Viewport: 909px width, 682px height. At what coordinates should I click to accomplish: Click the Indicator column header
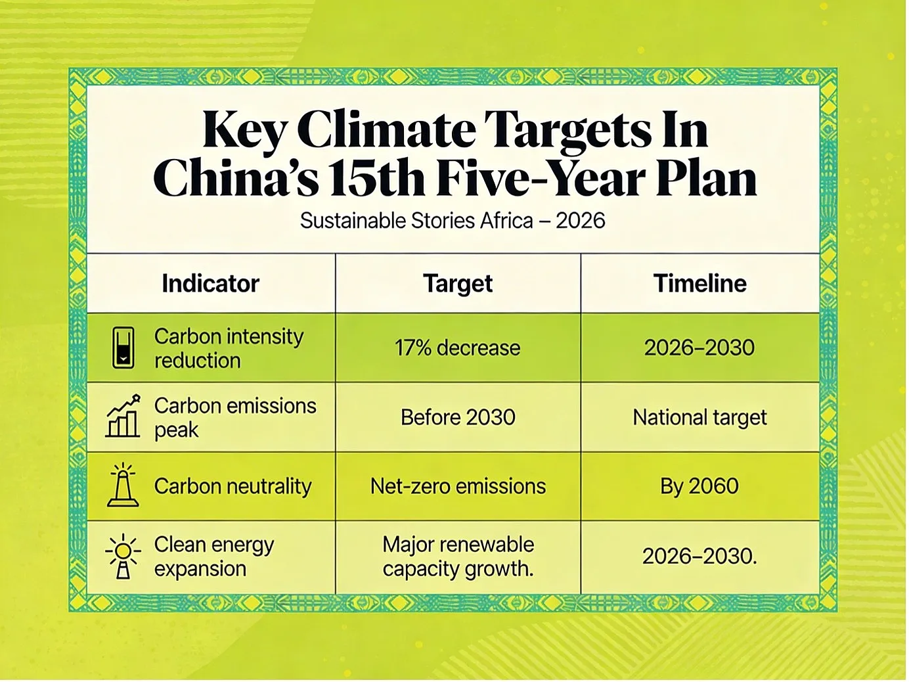point(210,284)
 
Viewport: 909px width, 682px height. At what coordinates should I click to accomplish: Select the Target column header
point(458,284)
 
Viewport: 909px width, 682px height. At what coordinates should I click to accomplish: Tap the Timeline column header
point(700,284)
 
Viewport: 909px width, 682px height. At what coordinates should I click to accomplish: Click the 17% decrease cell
point(457,348)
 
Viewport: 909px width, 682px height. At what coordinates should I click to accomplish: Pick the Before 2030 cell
point(458,417)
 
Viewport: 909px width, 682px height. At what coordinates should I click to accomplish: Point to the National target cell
point(699,418)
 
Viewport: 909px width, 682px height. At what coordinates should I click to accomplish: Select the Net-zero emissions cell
point(458,486)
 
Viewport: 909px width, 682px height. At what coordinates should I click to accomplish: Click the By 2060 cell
point(699,487)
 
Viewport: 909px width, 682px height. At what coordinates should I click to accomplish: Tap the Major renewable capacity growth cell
point(458,557)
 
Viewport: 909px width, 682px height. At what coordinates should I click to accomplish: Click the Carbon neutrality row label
point(233,487)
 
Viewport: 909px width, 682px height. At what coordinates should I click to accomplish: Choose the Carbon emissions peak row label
point(235,418)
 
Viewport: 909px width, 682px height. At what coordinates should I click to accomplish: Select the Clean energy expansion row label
point(213,557)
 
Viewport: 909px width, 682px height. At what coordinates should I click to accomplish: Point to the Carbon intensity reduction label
point(229,348)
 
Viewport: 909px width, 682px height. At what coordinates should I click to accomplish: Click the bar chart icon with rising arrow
point(123,416)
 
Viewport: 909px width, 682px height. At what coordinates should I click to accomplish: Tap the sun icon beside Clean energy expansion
point(123,557)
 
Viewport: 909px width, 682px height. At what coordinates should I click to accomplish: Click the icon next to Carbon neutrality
point(123,486)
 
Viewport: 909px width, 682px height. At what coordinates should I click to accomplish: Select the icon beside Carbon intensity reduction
point(123,348)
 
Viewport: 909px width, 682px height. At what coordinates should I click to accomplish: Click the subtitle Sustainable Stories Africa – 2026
point(453,221)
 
